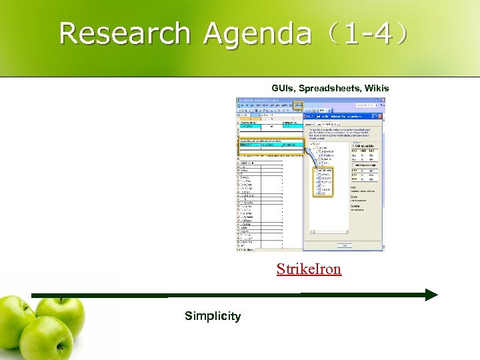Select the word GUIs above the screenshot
pyautogui.click(x=283, y=88)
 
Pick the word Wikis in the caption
pyautogui.click(x=375, y=88)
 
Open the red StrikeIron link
pyautogui.click(x=309, y=269)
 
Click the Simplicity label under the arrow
pyautogui.click(x=213, y=316)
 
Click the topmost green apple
pyautogui.click(x=61, y=313)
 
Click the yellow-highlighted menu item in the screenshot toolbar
pyautogui.click(x=299, y=105)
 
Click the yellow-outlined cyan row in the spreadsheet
pyautogui.click(x=271, y=143)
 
